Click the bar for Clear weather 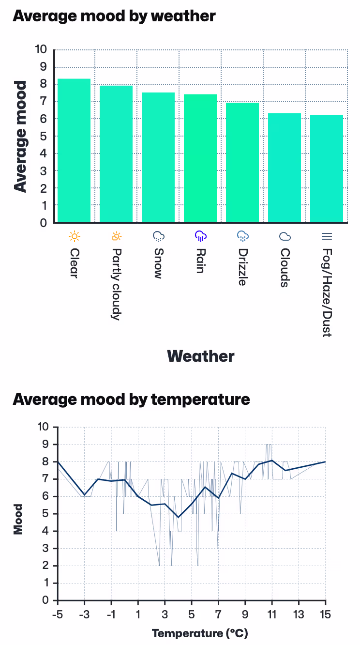(74, 151)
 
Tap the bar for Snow (158, 157)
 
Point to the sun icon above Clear (74, 236)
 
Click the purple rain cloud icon (200, 236)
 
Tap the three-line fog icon (327, 236)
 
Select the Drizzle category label (243, 267)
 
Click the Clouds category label (285, 268)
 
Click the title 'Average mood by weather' (114, 15)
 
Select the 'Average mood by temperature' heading (131, 399)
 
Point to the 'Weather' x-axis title (200, 356)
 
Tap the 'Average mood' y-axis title (20, 137)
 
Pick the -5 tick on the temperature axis (58, 614)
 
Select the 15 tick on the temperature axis (325, 614)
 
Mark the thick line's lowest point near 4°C (178, 517)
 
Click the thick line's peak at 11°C (272, 461)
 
